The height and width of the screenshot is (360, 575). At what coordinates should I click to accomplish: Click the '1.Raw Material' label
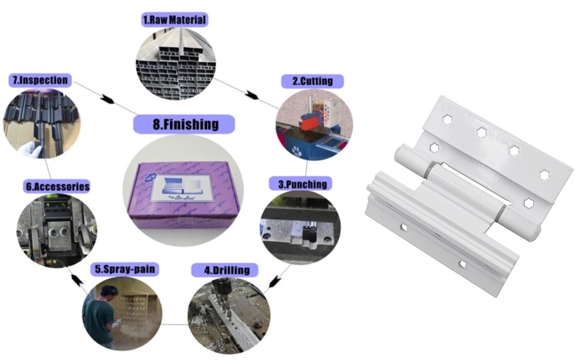(174, 20)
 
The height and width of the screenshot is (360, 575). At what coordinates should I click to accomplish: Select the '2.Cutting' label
(312, 81)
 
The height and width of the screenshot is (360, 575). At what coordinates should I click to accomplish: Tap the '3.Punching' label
(301, 184)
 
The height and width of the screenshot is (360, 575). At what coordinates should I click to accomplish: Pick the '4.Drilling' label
(231, 270)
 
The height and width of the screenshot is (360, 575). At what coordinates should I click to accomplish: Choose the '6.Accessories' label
(57, 187)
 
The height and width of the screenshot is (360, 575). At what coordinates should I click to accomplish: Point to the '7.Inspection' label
(40, 80)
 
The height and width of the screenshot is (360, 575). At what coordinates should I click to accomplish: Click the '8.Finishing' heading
(184, 124)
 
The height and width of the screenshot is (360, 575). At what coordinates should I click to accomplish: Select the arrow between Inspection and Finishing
(106, 98)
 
